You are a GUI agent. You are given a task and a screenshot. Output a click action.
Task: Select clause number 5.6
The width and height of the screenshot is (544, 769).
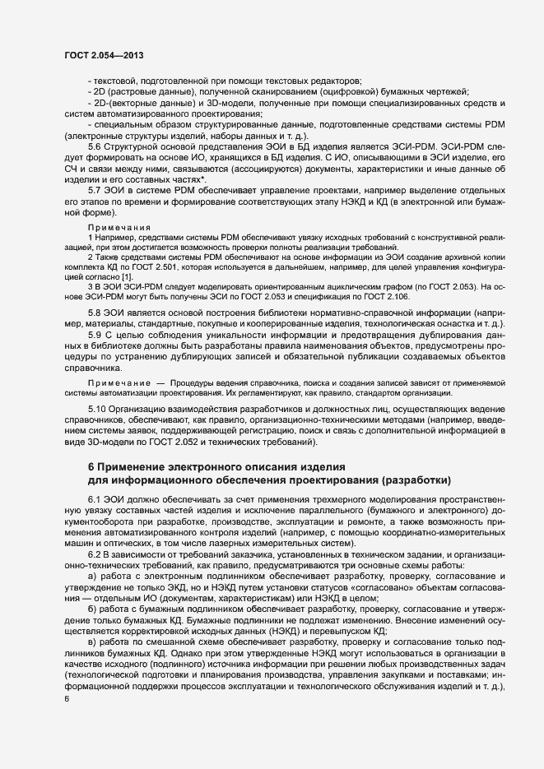click(95, 146)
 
